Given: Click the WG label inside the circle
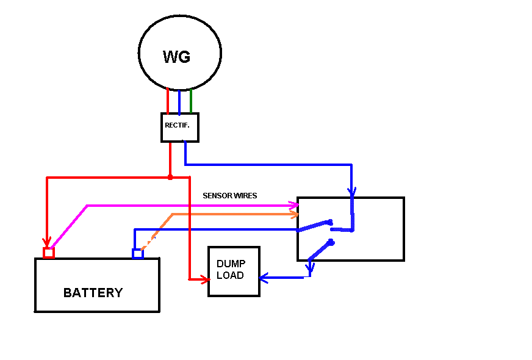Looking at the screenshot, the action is (176, 57).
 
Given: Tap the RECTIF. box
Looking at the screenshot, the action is (180, 128).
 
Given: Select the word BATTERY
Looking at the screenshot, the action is (93, 293).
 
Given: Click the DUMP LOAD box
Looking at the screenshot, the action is (234, 272).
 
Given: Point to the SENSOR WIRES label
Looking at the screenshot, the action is (229, 196).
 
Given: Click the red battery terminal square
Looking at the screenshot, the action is (49, 253).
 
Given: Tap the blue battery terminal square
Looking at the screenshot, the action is (138, 253).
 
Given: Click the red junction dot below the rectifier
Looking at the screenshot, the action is (170, 178).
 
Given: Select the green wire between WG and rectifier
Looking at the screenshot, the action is (191, 101).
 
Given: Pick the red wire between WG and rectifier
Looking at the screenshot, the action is (168, 101).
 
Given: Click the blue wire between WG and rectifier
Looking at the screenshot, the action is (179, 103).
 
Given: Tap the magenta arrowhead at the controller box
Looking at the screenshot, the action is (293, 205).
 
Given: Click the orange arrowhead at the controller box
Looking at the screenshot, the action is (294, 214).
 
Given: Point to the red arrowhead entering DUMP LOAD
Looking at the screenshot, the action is (205, 279).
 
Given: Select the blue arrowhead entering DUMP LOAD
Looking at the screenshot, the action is (264, 278).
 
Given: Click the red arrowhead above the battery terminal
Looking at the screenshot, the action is (47, 242).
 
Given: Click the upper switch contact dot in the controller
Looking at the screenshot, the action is (330, 222).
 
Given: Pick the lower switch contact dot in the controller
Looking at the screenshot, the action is (331, 242).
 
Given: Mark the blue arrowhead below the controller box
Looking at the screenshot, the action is (310, 267).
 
